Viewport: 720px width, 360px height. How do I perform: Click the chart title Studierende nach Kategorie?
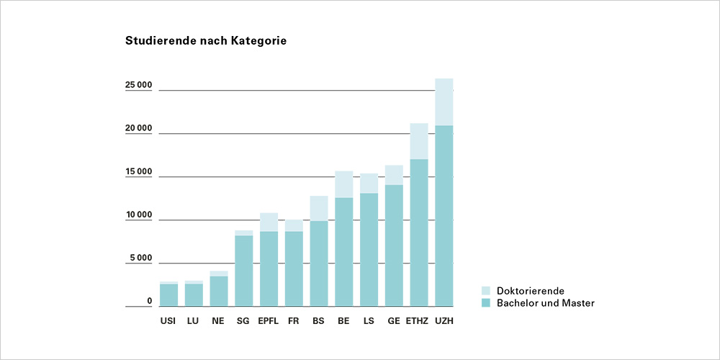click(206, 41)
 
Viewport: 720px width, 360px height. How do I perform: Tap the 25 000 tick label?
click(138, 86)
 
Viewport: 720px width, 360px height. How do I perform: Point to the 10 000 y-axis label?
click(138, 215)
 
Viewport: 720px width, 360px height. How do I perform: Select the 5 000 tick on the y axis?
click(140, 258)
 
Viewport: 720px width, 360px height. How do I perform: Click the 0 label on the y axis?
click(149, 302)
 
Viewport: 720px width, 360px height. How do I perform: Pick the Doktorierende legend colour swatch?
click(485, 291)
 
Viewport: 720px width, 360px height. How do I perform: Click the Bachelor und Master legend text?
click(546, 303)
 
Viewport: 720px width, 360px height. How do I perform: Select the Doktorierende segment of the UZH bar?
click(444, 102)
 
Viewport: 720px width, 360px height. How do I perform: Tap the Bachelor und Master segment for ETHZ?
click(419, 233)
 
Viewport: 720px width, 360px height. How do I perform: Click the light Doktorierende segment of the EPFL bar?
click(269, 222)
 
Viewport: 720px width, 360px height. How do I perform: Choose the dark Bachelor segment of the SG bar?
click(244, 271)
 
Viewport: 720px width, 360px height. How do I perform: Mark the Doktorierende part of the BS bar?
click(319, 208)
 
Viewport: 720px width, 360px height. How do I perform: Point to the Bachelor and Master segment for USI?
click(168, 295)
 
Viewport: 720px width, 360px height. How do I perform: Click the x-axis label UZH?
click(444, 320)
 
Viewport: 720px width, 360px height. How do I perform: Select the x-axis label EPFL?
click(269, 320)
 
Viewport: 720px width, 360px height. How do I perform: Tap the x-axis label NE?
click(219, 320)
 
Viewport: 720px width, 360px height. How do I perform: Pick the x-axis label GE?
click(394, 320)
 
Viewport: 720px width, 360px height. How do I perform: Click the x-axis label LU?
click(194, 320)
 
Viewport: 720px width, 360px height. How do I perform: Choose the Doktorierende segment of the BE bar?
click(344, 184)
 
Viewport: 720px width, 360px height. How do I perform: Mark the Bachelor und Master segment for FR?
click(294, 269)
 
